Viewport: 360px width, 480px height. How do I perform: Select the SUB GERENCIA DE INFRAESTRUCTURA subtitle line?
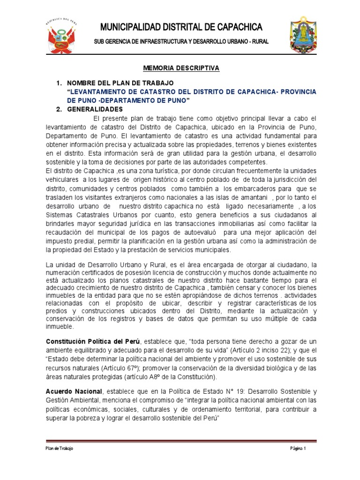[181, 42]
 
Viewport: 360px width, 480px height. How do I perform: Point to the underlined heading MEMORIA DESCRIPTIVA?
[181, 68]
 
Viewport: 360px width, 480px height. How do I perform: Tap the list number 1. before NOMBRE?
[59, 83]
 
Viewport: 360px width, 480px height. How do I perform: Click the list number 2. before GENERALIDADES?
[59, 109]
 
